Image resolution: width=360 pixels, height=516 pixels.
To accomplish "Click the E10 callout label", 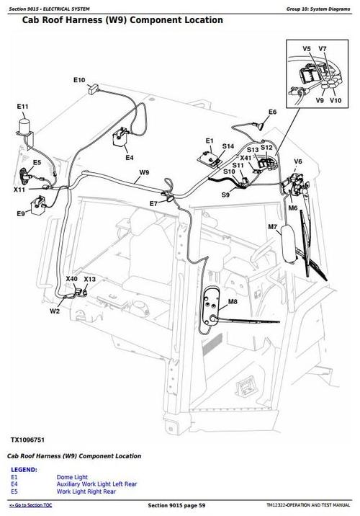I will point(79,79).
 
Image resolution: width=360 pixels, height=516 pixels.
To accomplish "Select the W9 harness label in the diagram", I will point(144,172).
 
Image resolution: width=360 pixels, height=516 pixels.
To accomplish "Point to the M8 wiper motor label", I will point(233,301).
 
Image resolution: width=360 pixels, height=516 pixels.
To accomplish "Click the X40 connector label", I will point(71,279).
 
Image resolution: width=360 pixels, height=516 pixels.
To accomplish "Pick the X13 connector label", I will point(89,279).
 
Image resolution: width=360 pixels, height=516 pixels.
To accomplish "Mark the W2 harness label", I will point(55,311).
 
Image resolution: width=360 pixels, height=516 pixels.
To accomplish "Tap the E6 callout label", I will point(272,112).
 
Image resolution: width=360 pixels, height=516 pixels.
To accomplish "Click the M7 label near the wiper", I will point(273,228).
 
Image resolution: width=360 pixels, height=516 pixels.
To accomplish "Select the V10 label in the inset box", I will point(336,100).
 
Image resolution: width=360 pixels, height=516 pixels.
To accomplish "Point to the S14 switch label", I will point(228,146).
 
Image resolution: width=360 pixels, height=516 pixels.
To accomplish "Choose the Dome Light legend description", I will point(71,477).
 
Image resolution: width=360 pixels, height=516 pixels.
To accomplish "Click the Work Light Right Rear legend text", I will point(87,491).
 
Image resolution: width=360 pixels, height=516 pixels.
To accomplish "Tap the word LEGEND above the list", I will point(24,469).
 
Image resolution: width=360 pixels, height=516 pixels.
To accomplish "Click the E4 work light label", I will point(129,157).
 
